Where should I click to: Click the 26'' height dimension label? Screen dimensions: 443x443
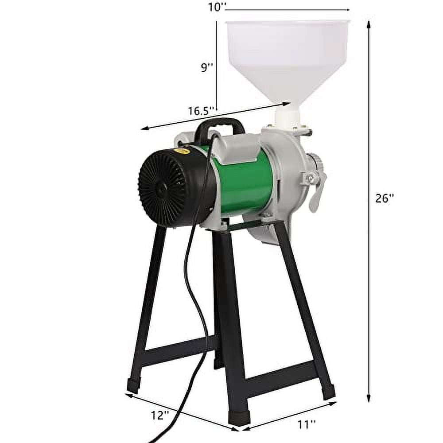pos(385,198)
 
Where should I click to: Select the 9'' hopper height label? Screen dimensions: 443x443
pos(207,67)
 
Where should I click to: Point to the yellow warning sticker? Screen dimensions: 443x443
pos(182,151)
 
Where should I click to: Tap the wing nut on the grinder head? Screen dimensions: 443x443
pos(310,178)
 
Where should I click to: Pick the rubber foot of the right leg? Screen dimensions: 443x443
pos(328,392)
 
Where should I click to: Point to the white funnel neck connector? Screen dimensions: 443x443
pos(287,117)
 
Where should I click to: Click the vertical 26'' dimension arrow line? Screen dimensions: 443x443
pos(369,266)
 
